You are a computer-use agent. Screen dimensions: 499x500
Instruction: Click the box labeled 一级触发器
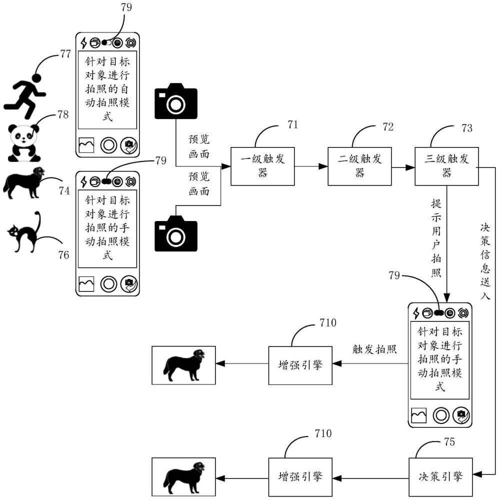pos(262,166)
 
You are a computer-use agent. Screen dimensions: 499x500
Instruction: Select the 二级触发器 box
pos(359,166)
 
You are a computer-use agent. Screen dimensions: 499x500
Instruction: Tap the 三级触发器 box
pos(446,166)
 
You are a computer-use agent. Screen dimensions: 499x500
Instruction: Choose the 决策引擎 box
pos(440,477)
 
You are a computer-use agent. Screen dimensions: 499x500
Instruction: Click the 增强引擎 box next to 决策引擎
pos(300,477)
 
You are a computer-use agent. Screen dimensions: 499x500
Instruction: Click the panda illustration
pos(24,143)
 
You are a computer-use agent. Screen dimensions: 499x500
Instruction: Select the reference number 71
pos(292,124)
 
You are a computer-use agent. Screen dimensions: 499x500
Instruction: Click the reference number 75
pos(449,441)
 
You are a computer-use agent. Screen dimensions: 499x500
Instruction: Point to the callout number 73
pos(467,128)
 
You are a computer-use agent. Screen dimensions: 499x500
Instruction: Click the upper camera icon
pos(176,101)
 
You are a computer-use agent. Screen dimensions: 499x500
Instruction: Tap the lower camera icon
pos(176,233)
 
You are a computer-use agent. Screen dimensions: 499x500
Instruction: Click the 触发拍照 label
pos(374,349)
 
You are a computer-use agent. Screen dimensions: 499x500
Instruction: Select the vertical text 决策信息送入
pos(485,261)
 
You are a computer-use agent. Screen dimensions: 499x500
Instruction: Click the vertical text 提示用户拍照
pos(436,238)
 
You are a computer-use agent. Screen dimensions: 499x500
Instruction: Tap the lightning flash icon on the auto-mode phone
pos(84,42)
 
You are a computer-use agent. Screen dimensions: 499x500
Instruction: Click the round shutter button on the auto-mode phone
pos(108,145)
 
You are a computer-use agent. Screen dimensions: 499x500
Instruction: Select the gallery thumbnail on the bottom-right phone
pos(418,415)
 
